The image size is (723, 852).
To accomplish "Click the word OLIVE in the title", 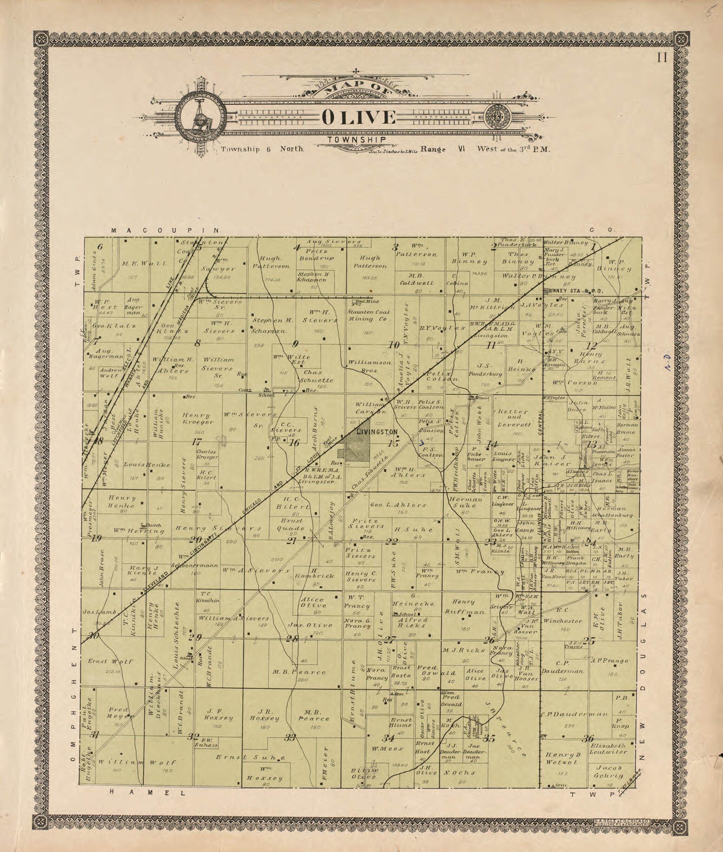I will [359, 118].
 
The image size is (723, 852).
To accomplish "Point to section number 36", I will [588, 739].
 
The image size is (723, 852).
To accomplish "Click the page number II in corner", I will [662, 58].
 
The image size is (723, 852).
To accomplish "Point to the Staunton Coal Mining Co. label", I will [368, 315].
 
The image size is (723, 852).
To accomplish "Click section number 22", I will [392, 542].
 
